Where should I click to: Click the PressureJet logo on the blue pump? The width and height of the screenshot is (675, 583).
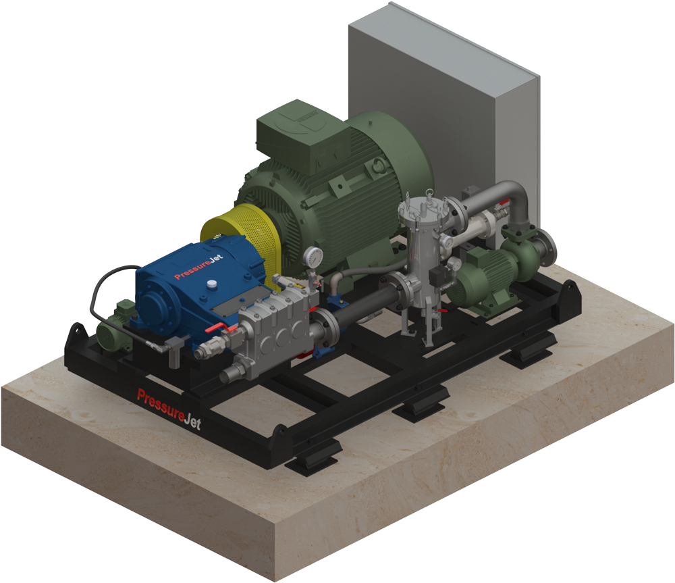coord(198,267)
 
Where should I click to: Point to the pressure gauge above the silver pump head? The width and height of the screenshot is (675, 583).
coord(313,257)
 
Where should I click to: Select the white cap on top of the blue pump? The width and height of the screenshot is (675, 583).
coord(211,284)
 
